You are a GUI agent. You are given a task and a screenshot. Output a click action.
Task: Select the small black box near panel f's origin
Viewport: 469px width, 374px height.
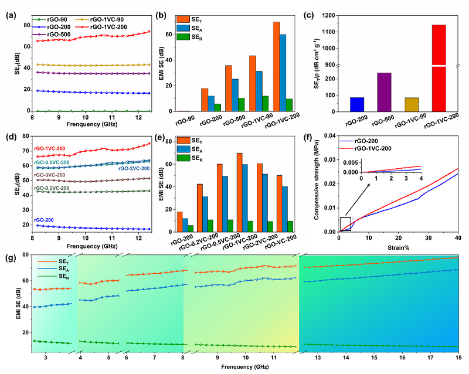click(345, 225)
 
